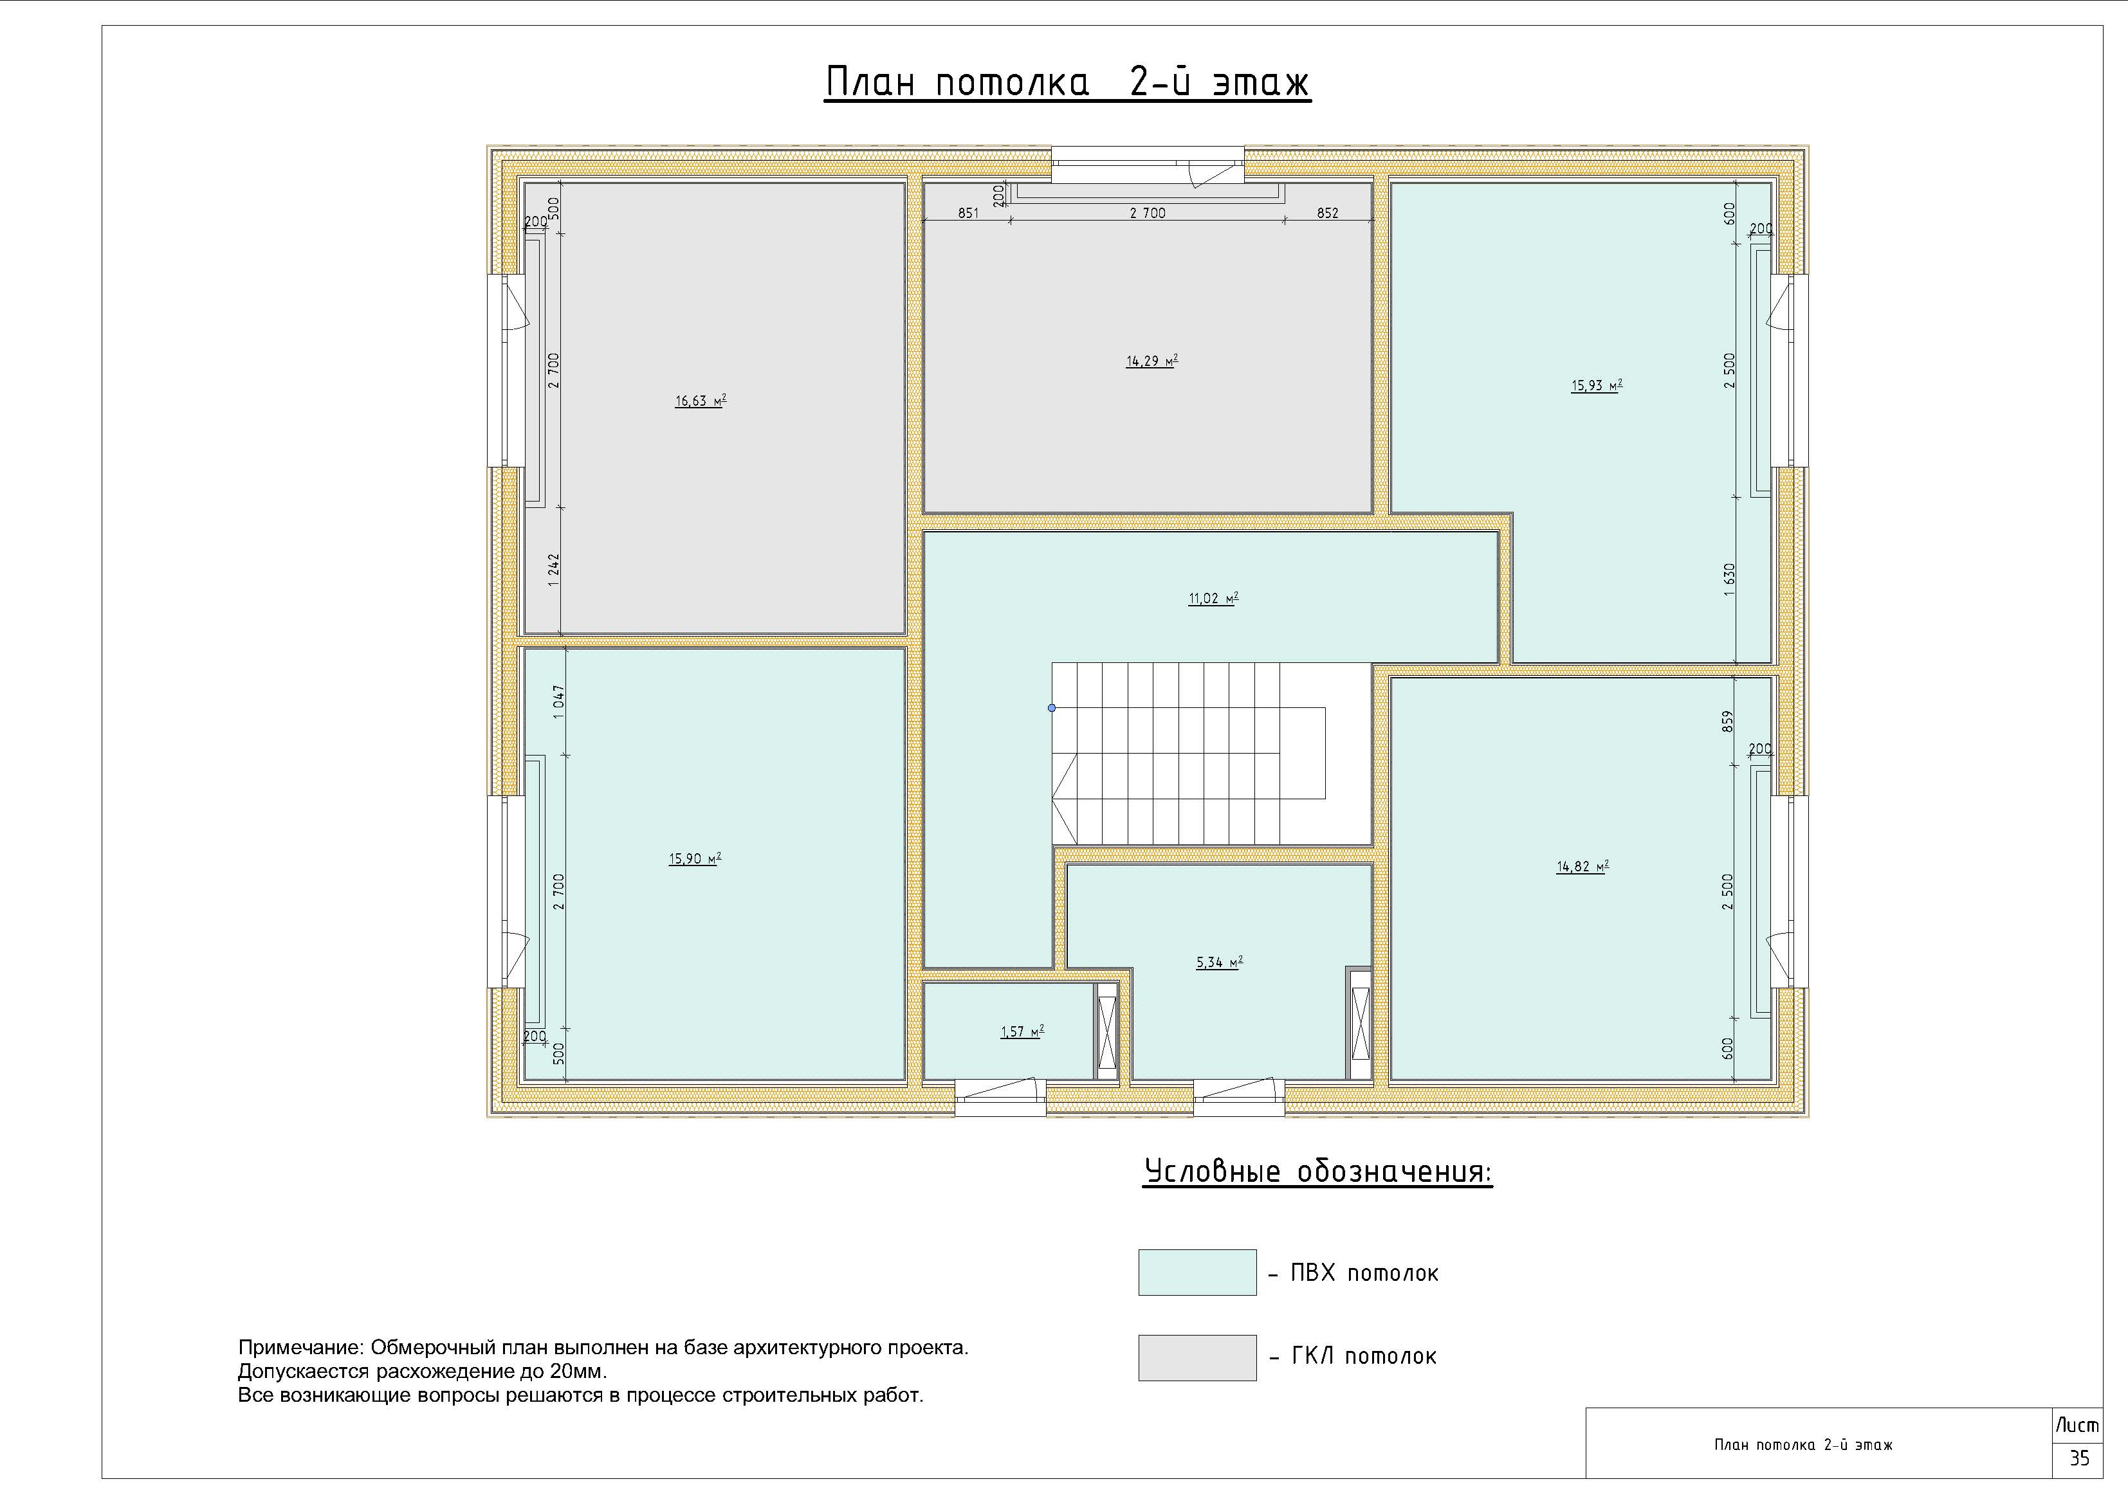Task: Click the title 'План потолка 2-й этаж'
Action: coord(1068,82)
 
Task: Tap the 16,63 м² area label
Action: coord(701,401)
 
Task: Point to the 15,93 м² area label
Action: coord(1596,386)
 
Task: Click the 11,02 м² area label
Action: coord(1213,599)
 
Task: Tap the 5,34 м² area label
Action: coord(1219,963)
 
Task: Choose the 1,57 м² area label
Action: coord(1022,1031)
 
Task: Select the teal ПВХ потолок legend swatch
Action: coord(1197,1273)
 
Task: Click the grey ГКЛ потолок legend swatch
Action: coord(1197,1357)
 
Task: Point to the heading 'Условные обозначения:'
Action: coord(1318,1172)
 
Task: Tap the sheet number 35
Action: coord(2080,1458)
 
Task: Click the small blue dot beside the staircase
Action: coord(1052,708)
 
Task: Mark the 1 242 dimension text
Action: coord(553,570)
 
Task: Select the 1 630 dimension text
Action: coord(1729,580)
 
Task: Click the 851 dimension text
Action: coord(969,213)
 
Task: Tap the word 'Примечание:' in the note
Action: coord(301,1347)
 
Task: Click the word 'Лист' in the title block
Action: coord(2077,1426)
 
